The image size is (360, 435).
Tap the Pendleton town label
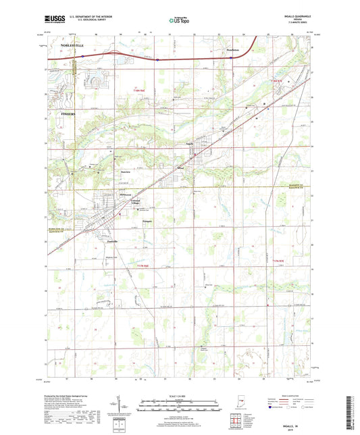(x=232, y=50)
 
